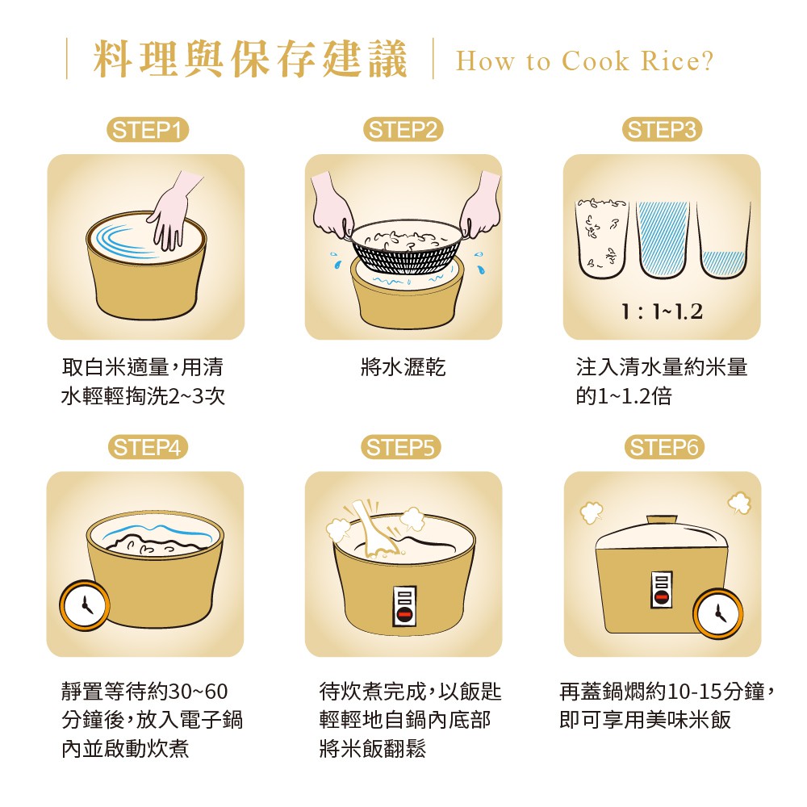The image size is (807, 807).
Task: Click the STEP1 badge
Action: pos(148,130)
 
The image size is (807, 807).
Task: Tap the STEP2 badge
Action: pos(403,130)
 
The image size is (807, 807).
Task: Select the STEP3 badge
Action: pos(662,130)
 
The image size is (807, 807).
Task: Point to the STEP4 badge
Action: pos(148,447)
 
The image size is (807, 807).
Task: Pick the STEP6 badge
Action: pos(664,447)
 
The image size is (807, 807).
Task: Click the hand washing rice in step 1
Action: pos(173,211)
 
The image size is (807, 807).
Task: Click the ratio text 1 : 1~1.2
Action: pos(662,312)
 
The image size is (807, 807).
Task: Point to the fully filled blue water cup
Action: pos(663,240)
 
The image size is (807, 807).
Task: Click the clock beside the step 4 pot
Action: pos(85,605)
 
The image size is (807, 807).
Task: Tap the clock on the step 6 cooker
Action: pos(718,613)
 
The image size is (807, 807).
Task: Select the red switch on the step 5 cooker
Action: pos(404,614)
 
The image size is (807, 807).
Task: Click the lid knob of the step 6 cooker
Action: pos(662,521)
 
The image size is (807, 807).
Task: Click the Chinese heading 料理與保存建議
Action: pos(251,59)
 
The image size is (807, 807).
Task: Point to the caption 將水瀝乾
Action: pos(403,367)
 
